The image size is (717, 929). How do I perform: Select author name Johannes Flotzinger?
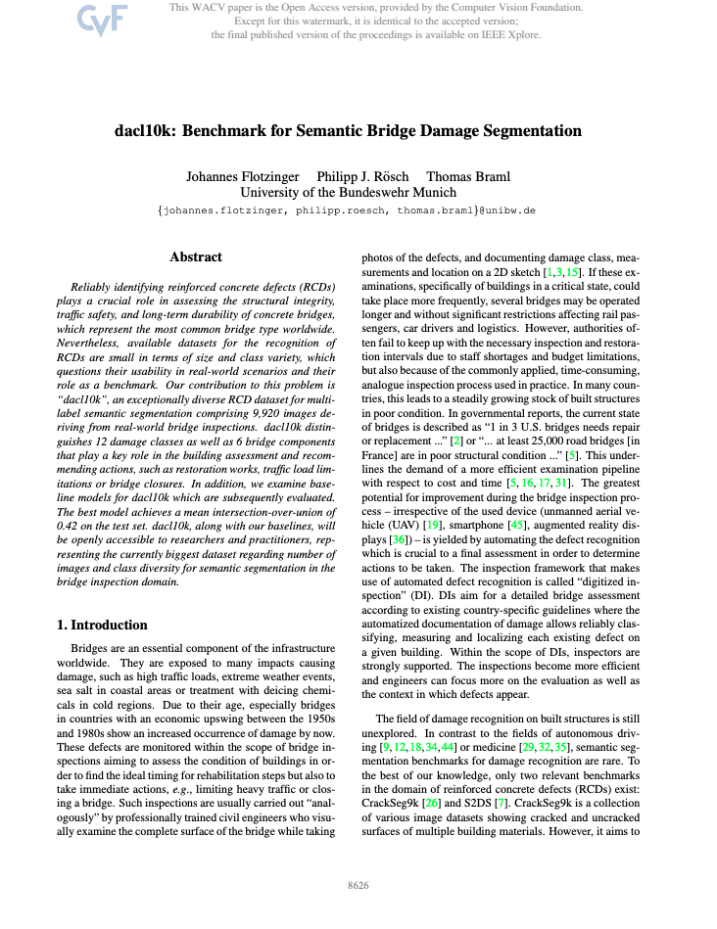coord(242,177)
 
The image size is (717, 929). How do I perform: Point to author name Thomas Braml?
coord(468,177)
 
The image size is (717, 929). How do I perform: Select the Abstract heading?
coord(196,257)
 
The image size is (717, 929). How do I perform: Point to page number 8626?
coord(358,885)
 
